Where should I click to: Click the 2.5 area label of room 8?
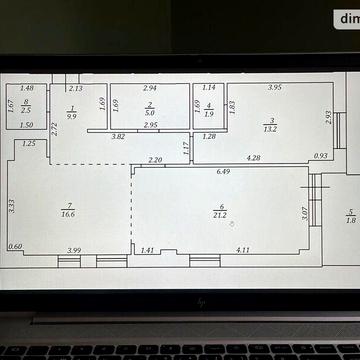click(x=26, y=108)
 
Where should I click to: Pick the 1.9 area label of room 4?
click(x=208, y=113)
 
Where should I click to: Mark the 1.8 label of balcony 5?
click(x=350, y=219)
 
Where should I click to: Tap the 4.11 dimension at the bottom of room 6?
click(x=243, y=249)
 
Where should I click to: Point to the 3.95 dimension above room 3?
click(x=274, y=88)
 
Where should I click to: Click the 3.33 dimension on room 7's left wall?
click(x=11, y=207)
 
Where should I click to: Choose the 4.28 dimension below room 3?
click(x=254, y=157)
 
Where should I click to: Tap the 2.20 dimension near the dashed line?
click(x=155, y=160)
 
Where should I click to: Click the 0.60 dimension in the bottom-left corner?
click(x=14, y=247)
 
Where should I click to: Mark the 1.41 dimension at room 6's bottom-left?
click(x=147, y=249)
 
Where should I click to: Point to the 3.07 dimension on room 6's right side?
click(x=305, y=211)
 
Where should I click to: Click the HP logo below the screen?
click(x=200, y=300)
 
